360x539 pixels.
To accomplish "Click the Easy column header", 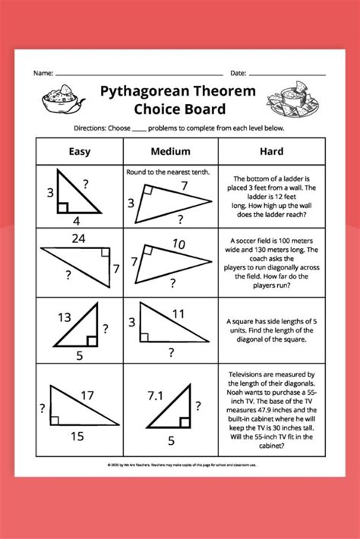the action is [x=80, y=151].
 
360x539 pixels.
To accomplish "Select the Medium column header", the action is [x=171, y=151].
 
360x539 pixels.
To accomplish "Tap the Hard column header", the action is [x=271, y=151].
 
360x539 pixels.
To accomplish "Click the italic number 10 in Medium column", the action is [x=178, y=244].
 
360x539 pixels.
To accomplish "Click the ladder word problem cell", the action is [x=271, y=194].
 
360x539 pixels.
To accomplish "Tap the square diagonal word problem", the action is [x=271, y=330].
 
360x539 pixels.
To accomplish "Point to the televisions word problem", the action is [x=271, y=409].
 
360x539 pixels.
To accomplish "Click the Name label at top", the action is [x=43, y=74].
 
